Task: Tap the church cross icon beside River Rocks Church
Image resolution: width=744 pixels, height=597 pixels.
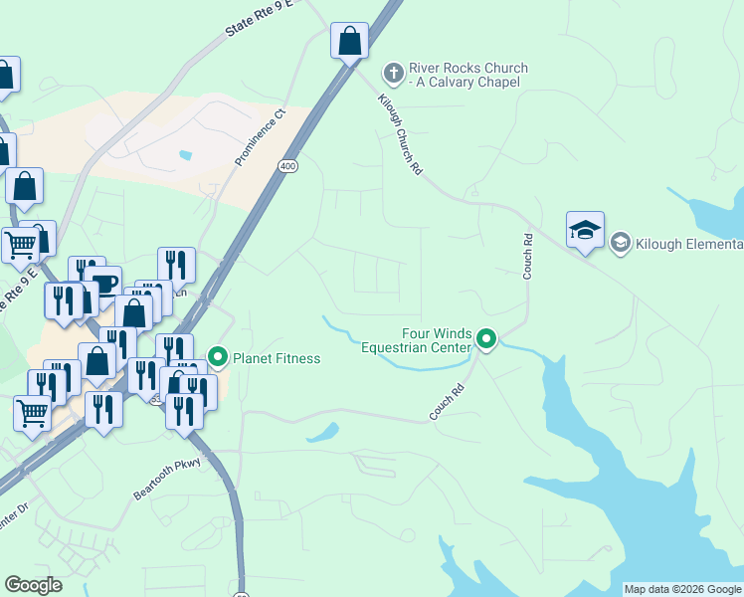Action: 393,73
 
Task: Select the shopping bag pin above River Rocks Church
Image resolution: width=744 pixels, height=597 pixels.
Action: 349,42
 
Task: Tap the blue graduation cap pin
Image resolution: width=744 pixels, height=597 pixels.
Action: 585,231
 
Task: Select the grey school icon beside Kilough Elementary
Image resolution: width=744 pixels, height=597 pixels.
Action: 621,243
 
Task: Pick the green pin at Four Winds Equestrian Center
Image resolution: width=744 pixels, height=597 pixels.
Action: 486,341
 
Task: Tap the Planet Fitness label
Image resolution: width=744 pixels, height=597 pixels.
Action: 278,358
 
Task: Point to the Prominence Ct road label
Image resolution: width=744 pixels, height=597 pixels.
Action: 260,138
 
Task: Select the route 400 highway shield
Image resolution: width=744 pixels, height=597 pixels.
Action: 288,166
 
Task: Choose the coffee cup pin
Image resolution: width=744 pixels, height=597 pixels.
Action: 102,282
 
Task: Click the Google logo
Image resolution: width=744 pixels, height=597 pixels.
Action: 33,585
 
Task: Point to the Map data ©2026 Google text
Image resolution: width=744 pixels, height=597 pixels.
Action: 682,589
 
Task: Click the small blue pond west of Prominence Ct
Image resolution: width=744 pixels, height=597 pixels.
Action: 184,155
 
